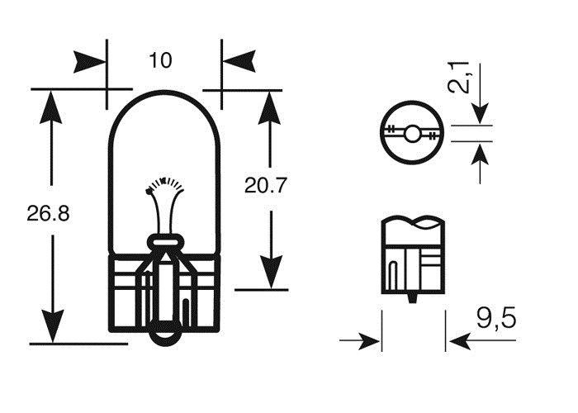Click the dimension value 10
[x=160, y=59]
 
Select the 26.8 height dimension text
[x=48, y=214]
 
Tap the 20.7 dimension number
[x=266, y=187]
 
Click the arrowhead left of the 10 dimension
[x=91, y=59]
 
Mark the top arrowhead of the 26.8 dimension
[x=51, y=103]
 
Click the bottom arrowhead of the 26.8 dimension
[x=51, y=326]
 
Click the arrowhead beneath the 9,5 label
[x=462, y=340]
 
